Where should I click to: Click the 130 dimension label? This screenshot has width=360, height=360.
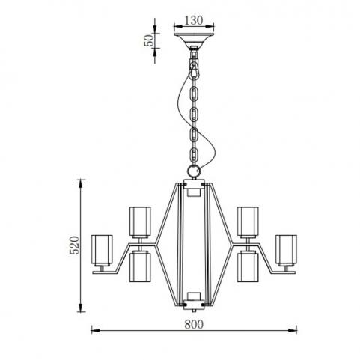(x=194, y=20)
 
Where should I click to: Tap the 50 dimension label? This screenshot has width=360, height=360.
(x=148, y=40)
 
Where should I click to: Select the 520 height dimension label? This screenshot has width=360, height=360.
(x=74, y=245)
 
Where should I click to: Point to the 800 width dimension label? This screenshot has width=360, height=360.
(x=194, y=324)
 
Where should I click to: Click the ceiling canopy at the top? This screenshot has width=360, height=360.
(x=194, y=39)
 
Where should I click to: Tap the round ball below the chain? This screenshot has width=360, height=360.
(x=194, y=171)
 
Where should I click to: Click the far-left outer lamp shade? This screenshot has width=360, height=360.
(x=102, y=250)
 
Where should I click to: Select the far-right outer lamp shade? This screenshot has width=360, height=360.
(x=286, y=250)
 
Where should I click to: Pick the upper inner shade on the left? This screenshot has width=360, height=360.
(x=140, y=222)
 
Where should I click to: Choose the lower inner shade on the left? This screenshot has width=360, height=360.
(x=140, y=266)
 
